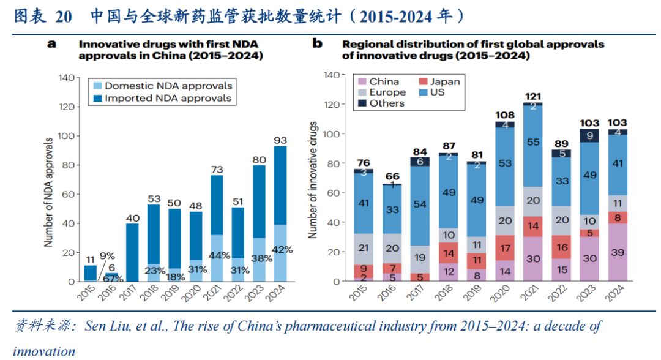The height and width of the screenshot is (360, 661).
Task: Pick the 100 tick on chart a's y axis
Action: [x=65, y=136]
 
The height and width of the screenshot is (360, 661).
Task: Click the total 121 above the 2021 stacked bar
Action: [x=532, y=96]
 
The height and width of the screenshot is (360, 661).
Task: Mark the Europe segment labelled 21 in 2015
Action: [x=363, y=247]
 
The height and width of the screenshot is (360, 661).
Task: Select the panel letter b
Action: [x=317, y=43]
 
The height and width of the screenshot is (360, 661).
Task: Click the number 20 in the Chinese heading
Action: [x=63, y=17]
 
